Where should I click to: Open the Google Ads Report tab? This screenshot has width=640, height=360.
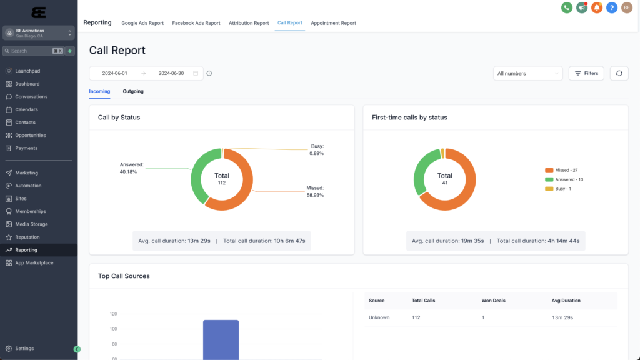pos(142,23)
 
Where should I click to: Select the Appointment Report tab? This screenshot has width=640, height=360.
pos(333,23)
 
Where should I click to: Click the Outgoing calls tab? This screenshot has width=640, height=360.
pos(133,91)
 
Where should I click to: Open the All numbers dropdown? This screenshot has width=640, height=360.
pos(527,73)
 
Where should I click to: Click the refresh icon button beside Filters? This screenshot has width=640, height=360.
pos(619,73)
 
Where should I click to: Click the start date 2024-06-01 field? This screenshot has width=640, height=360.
pos(115,73)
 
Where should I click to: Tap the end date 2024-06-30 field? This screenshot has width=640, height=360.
pos(171,73)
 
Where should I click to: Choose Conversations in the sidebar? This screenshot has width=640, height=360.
pos(31,97)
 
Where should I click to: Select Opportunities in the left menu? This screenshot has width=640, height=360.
pos(31,135)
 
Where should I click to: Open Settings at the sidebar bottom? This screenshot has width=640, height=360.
pos(24,349)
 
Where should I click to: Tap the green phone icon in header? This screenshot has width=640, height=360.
pos(567,7)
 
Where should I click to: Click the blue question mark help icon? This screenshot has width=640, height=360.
pos(612,7)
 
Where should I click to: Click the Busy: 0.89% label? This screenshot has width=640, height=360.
pos(317,149)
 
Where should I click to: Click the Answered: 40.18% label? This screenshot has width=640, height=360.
pos(131,167)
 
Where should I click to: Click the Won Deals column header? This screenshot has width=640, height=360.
pos(492,301)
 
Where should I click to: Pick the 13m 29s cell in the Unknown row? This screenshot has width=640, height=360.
pos(562,317)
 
